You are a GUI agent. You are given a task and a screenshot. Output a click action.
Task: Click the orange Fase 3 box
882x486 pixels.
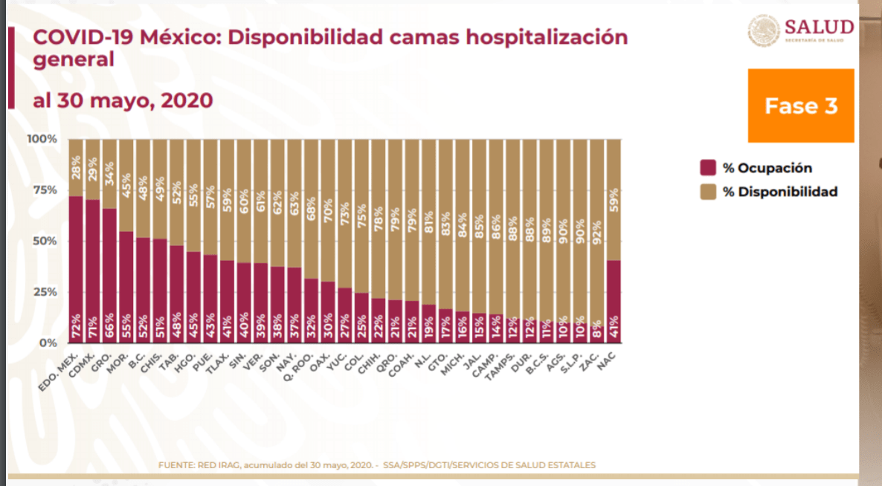point(801,106)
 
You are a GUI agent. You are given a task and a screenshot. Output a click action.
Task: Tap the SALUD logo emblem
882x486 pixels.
point(762,31)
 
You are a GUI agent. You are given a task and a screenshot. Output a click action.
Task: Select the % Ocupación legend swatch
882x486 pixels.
point(707,168)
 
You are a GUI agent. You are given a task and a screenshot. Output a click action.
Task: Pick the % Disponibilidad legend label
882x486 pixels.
point(780,192)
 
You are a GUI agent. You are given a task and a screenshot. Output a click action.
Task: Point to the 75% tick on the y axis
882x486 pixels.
point(42,190)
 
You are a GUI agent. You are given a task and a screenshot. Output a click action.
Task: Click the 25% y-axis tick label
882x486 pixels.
point(42,292)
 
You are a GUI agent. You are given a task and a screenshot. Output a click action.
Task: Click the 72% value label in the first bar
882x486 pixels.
point(76,328)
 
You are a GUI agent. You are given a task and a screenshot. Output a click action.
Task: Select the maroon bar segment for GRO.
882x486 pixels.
point(109,275)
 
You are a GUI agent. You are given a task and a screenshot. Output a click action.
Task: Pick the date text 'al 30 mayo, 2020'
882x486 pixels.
point(123,100)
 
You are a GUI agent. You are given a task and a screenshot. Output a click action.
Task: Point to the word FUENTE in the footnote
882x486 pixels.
point(176,465)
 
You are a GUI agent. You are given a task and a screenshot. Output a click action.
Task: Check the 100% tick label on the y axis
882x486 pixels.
point(42,139)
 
